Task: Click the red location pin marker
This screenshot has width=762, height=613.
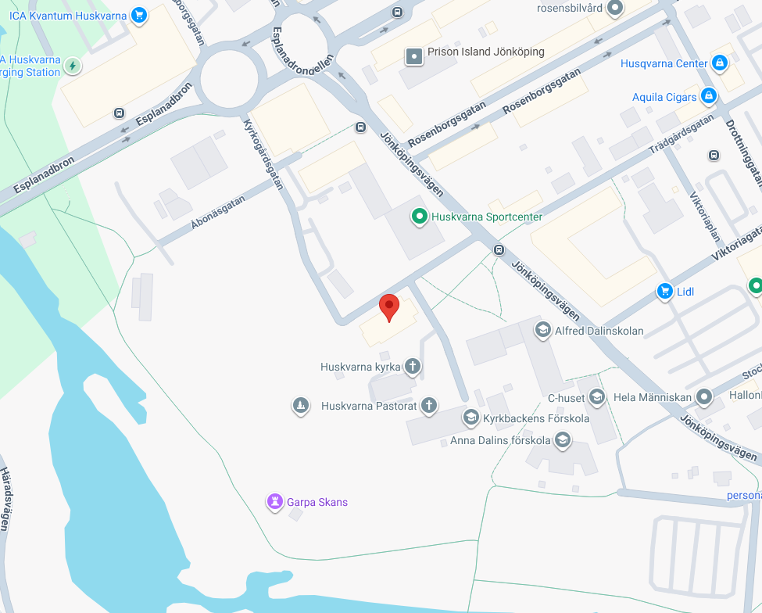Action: [x=388, y=307]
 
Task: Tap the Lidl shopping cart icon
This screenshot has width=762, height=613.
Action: [x=664, y=292]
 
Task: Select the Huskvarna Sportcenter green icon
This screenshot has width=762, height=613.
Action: [x=419, y=217]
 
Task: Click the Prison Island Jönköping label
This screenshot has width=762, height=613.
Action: [x=485, y=52]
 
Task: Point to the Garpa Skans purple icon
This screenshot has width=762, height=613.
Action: [x=274, y=501]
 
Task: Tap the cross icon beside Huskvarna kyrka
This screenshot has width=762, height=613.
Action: [x=413, y=366]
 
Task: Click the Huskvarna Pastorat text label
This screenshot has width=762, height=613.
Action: [x=368, y=406]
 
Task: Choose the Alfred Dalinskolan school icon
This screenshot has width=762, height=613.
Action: [x=542, y=330]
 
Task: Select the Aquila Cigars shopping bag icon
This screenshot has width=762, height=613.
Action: [x=708, y=96]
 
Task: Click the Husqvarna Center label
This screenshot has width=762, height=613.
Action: [x=664, y=63]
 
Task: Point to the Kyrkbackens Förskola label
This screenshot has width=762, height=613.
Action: [x=536, y=418]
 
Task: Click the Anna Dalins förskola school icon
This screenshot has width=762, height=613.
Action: [x=562, y=441]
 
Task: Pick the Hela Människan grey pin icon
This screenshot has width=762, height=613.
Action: [x=704, y=397]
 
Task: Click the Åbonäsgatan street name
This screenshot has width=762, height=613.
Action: [x=217, y=212]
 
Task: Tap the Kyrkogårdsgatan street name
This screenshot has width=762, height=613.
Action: [x=263, y=155]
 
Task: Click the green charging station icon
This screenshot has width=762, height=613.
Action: [x=73, y=65]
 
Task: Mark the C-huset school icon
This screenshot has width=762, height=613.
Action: [x=597, y=398]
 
